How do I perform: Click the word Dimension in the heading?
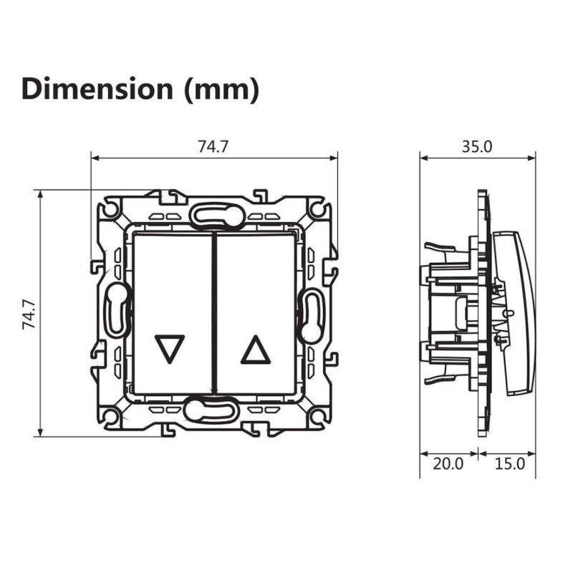(97, 89)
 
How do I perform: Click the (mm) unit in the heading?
(222, 90)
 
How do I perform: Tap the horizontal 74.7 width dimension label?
(213, 147)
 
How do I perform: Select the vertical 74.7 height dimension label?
(29, 314)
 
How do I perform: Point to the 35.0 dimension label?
(477, 147)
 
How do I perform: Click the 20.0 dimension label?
(448, 463)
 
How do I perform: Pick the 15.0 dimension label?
(510, 463)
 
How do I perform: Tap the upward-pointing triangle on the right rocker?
(256, 350)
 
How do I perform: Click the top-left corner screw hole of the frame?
(110, 209)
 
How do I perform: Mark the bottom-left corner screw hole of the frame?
(110, 415)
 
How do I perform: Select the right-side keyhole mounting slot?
(311, 316)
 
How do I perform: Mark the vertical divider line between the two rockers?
(214, 314)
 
